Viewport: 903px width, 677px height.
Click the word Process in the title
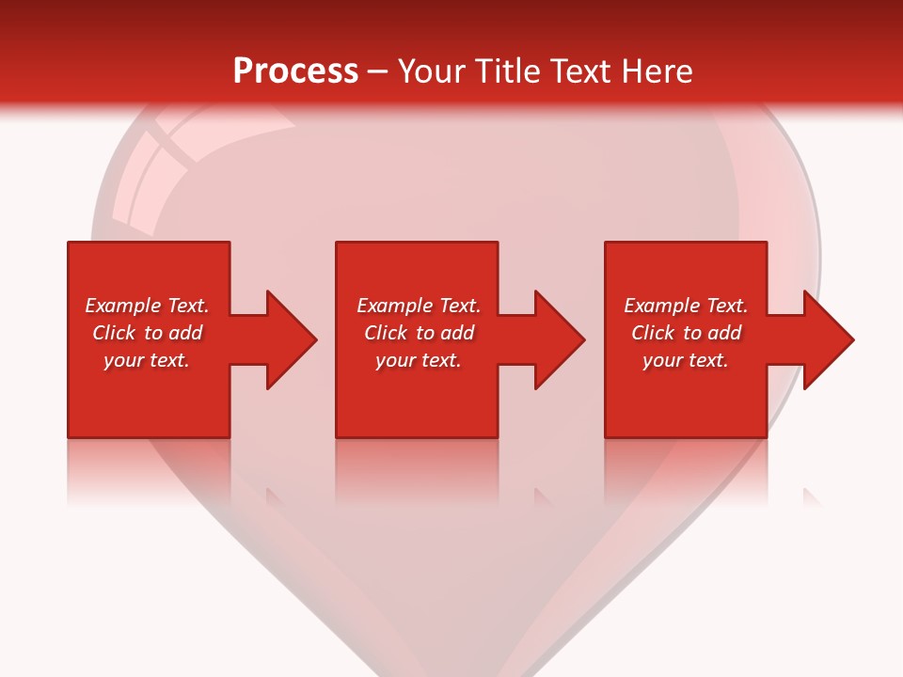pos(295,71)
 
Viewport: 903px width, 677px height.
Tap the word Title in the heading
pos(509,71)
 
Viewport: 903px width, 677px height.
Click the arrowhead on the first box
pos(288,339)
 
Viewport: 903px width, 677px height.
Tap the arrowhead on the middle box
pos(557,339)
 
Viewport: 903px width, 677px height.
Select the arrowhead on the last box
pos(826,339)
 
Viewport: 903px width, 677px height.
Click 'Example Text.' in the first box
pos(147,306)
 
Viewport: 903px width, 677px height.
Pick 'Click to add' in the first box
pos(147,333)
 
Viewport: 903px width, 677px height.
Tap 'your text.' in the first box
pos(147,360)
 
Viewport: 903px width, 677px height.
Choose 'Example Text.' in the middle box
pos(419,306)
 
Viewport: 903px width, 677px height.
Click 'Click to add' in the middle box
pos(419,333)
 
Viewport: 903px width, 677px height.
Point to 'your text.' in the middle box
pos(419,360)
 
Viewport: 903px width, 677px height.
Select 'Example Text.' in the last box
pos(686,306)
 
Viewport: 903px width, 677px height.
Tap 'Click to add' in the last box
pos(686,333)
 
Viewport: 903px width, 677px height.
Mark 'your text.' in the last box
pos(686,360)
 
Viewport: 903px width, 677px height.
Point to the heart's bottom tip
pos(451,669)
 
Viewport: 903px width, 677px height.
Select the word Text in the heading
pos(581,71)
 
